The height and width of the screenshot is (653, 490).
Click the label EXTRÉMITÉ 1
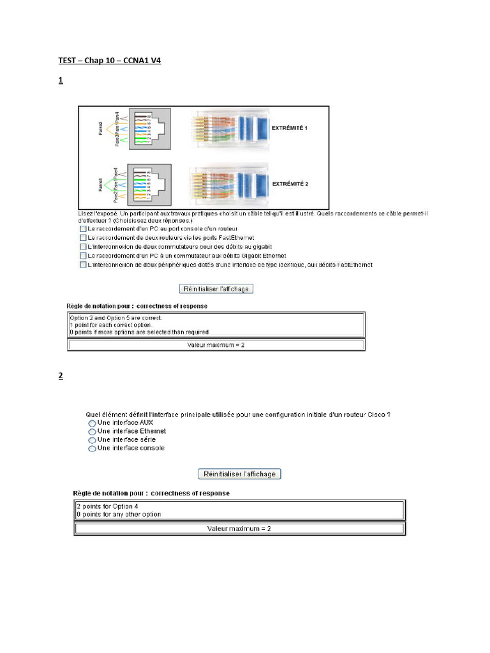(x=290, y=128)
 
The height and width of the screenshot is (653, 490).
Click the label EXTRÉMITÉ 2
(x=290, y=184)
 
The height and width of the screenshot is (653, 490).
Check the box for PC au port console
(x=83, y=228)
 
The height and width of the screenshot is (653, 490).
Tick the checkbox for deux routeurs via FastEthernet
(x=83, y=237)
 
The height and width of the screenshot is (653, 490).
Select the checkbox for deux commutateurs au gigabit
(x=83, y=246)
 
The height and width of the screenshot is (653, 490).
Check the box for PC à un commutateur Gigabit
(x=83, y=256)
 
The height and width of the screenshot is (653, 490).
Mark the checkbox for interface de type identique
(x=83, y=265)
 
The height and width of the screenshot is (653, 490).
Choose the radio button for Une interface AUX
(x=93, y=423)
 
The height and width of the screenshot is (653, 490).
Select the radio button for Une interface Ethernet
(x=93, y=432)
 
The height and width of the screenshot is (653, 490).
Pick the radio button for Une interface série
(x=93, y=440)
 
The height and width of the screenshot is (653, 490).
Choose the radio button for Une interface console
(x=93, y=449)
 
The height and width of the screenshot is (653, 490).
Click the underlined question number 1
(x=61, y=81)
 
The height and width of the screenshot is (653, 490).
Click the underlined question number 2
(x=61, y=376)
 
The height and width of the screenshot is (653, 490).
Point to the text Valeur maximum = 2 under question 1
(x=216, y=345)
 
